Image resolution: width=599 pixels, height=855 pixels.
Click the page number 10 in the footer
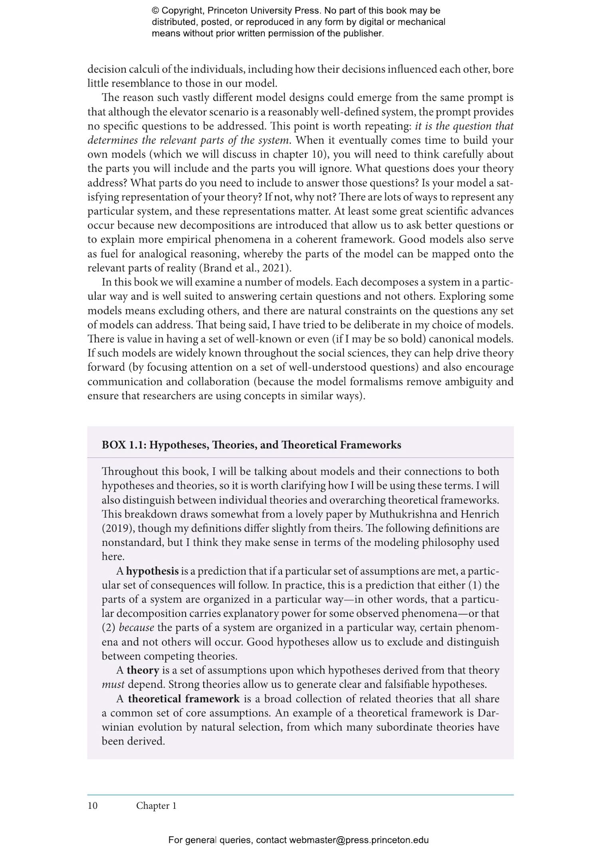click(92, 806)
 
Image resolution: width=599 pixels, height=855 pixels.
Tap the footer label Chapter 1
click(156, 806)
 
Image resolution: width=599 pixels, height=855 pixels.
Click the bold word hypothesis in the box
click(152, 571)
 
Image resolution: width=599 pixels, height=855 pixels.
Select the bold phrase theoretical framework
click(184, 699)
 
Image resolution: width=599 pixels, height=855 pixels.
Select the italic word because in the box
click(136, 628)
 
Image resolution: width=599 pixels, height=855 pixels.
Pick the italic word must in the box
click(113, 684)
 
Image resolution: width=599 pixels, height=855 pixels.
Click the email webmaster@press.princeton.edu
click(359, 840)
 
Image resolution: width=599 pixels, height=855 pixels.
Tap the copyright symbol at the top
click(155, 11)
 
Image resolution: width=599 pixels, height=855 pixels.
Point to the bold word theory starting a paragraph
click(143, 670)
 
